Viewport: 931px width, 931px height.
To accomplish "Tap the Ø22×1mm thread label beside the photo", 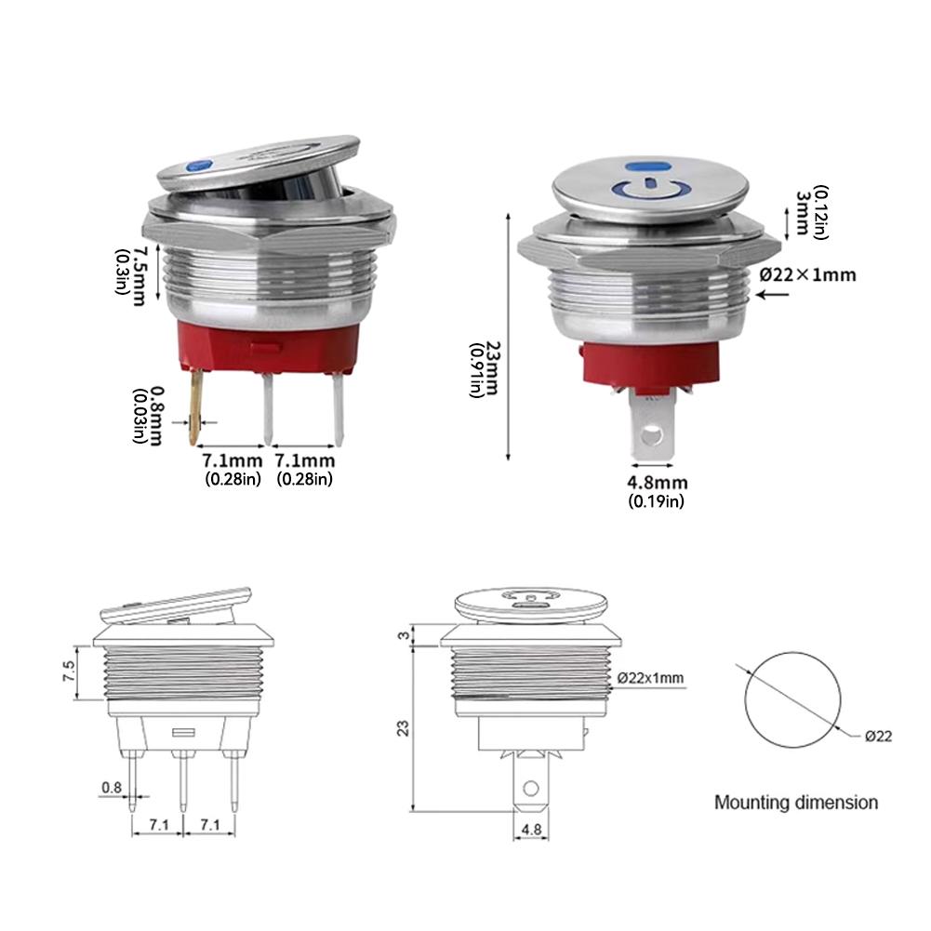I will click(x=807, y=274).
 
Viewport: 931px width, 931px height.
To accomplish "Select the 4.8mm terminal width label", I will click(x=657, y=483).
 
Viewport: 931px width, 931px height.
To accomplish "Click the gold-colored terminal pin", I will click(x=196, y=406).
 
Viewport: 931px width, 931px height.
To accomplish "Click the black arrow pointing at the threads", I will click(x=775, y=296).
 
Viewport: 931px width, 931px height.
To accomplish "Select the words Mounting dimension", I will click(x=795, y=802).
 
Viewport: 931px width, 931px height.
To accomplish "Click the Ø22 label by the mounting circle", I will click(x=878, y=736).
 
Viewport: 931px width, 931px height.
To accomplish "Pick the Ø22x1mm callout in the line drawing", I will click(x=655, y=678).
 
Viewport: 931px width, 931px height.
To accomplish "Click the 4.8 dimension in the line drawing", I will click(x=532, y=829).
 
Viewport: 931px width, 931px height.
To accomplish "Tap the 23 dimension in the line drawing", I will click(x=403, y=728).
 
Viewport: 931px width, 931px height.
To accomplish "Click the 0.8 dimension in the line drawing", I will click(x=111, y=788).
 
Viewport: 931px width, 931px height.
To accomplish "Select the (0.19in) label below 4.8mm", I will click(x=657, y=501).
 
